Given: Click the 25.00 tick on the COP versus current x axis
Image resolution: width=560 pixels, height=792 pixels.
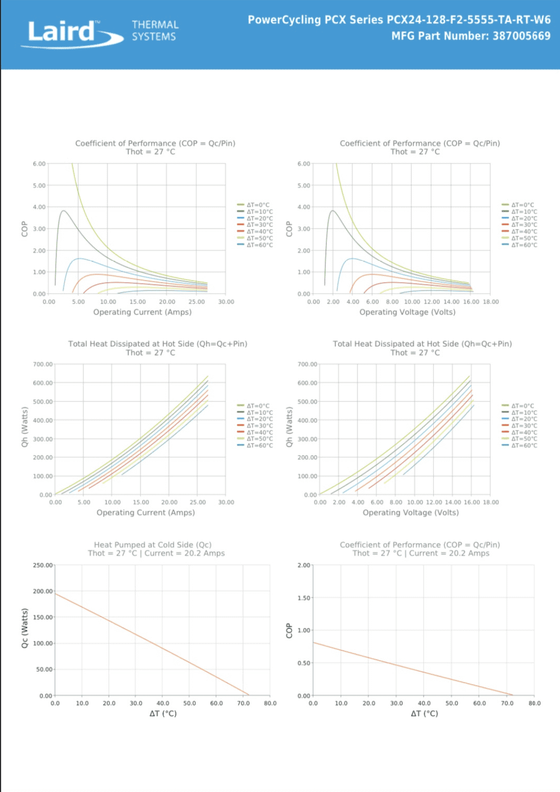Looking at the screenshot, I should pos(197,302).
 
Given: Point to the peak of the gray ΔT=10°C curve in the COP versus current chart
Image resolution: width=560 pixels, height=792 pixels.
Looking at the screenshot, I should pos(63,211).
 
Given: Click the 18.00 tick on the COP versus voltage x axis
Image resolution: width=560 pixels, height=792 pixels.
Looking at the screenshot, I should pos(490,302).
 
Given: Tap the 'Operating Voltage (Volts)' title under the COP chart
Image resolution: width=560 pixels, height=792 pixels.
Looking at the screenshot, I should pos(407,312).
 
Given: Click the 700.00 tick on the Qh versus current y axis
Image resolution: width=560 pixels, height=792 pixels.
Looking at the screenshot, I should pos(43,364).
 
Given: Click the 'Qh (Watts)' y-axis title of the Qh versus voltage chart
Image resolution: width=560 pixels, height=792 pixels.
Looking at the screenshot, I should pos(289,427).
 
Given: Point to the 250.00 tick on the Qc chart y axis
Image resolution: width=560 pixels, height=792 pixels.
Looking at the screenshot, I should pos(43,565).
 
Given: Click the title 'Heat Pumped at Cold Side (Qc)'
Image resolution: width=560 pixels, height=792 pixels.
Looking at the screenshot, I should pos(152,545).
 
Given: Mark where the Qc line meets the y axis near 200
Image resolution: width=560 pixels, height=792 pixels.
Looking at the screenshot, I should pos(55,594).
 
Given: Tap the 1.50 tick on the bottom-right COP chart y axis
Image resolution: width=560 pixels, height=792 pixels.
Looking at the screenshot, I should pos(304,598).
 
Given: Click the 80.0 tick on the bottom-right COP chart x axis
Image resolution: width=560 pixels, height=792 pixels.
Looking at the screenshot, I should pos(535,703).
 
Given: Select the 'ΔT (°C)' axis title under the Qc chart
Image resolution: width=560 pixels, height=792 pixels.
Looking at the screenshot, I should pos(163,713).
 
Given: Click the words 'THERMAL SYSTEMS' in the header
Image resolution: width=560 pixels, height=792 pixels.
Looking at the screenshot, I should pos(154,31).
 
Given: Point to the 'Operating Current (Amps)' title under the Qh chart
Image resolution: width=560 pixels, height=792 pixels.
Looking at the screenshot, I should pos(145,512).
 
